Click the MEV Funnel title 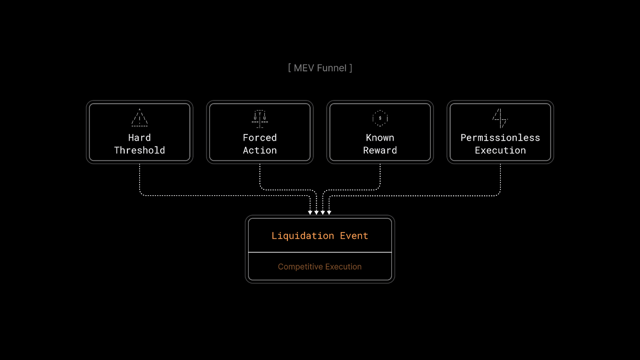point(320,68)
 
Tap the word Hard point(140,138)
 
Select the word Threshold point(140,150)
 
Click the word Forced point(260,138)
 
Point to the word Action point(260,150)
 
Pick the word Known point(380,138)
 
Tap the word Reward point(380,150)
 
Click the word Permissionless point(500,138)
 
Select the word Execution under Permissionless point(500,150)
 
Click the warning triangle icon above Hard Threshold point(140,118)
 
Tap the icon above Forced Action point(260,119)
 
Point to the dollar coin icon point(380,118)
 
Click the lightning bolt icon point(500,118)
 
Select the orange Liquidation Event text point(320,236)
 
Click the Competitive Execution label point(320,267)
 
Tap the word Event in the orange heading point(354,236)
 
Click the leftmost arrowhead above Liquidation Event point(310,212)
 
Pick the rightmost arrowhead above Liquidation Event point(329,212)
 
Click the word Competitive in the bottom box point(300,267)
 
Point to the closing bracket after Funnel point(351,68)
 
